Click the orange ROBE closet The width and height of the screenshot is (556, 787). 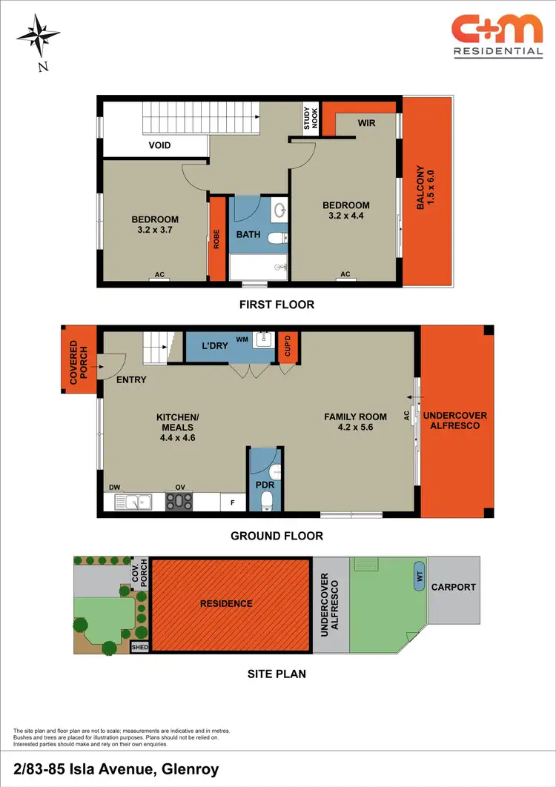217,238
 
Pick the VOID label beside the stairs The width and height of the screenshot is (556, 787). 159,145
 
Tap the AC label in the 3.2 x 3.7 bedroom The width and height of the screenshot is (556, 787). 160,275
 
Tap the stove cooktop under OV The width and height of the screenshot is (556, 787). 179,502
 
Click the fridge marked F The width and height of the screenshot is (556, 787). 234,503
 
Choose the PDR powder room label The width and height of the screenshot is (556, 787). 264,486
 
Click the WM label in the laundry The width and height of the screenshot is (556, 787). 242,339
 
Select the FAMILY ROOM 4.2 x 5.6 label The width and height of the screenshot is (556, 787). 356,422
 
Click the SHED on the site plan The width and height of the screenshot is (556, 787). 139,647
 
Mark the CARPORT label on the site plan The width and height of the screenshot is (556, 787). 454,587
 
